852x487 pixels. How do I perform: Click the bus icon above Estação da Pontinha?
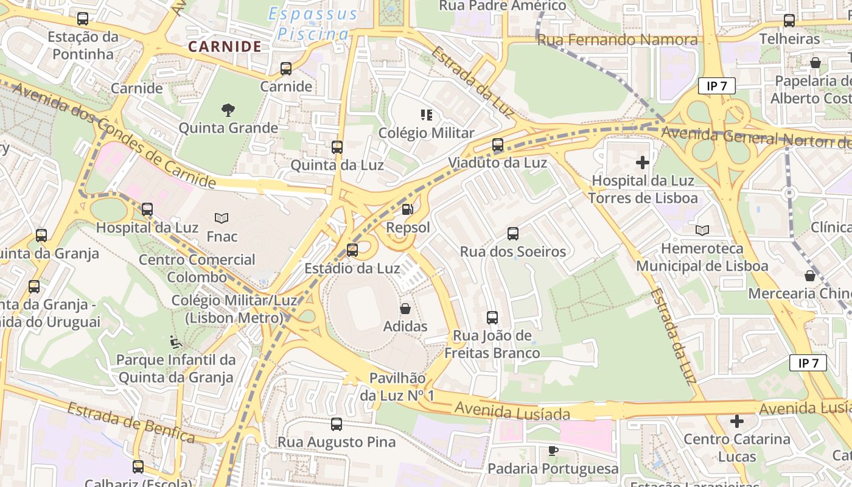[83, 19]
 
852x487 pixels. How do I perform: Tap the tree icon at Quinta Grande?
[228, 110]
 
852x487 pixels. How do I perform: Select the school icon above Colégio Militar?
[426, 114]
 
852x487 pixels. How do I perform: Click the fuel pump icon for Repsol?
[408, 209]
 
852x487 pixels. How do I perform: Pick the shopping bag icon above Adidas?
[405, 309]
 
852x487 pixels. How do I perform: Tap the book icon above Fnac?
[222, 218]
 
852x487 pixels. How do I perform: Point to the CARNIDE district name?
[225, 46]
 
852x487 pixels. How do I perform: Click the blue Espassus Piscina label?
[313, 24]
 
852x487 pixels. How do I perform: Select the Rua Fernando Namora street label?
[617, 40]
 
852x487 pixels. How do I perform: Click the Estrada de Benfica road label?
[131, 422]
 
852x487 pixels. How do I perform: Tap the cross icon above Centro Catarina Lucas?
[737, 421]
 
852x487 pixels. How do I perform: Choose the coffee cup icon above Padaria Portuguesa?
[553, 451]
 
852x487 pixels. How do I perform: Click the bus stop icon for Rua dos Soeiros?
[513, 234]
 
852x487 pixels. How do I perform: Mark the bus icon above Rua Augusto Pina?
[337, 424]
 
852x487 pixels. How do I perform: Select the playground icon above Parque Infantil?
[176, 342]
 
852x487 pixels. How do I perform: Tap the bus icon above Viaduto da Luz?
[498, 145]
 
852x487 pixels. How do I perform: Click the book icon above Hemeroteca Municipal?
[702, 231]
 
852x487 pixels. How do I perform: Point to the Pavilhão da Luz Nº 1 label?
[397, 387]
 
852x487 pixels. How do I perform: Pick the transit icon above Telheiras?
[789, 21]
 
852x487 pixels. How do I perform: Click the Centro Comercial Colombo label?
[197, 268]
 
